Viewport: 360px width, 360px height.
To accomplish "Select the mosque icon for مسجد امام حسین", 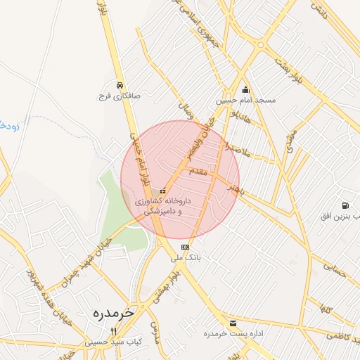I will tap(245, 89).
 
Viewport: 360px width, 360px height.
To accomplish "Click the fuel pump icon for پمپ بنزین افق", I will tap(345, 205).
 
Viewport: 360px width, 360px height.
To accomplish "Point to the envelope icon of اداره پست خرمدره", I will tap(233, 323).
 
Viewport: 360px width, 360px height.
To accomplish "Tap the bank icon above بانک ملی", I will tap(185, 247).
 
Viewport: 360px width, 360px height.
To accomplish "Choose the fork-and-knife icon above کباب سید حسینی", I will tap(113, 331).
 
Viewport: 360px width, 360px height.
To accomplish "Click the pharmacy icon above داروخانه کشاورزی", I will tap(163, 191).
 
